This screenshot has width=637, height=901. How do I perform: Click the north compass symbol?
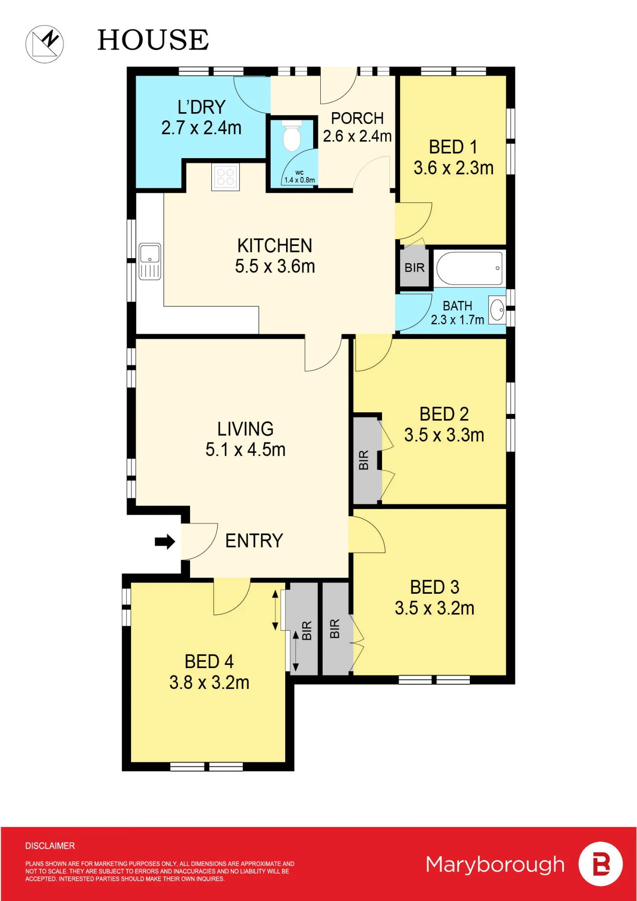tap(45, 44)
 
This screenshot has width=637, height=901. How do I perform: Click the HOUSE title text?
tap(153, 40)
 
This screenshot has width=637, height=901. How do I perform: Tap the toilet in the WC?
tap(292, 136)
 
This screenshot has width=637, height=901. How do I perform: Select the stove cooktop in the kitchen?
tap(225, 177)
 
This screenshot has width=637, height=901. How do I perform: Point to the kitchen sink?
tap(150, 262)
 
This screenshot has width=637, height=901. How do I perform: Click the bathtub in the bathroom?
tap(469, 268)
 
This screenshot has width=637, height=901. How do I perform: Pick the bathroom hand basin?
tap(497, 310)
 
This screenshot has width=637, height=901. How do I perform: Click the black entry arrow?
tap(165, 542)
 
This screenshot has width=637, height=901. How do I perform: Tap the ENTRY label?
tap(254, 541)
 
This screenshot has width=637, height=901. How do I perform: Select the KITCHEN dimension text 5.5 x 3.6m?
tap(275, 266)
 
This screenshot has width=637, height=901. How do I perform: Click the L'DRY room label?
tap(201, 107)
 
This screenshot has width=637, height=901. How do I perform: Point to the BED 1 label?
tap(453, 147)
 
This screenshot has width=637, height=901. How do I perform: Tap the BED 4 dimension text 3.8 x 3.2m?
tap(209, 683)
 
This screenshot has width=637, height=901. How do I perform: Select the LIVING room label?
tap(246, 429)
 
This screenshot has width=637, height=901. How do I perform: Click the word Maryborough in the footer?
tap(495, 865)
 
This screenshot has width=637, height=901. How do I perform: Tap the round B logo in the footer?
tap(601, 864)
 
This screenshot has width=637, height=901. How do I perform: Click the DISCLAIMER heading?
tap(50, 846)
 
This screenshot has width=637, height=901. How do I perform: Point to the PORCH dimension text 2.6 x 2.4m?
tap(357, 136)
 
